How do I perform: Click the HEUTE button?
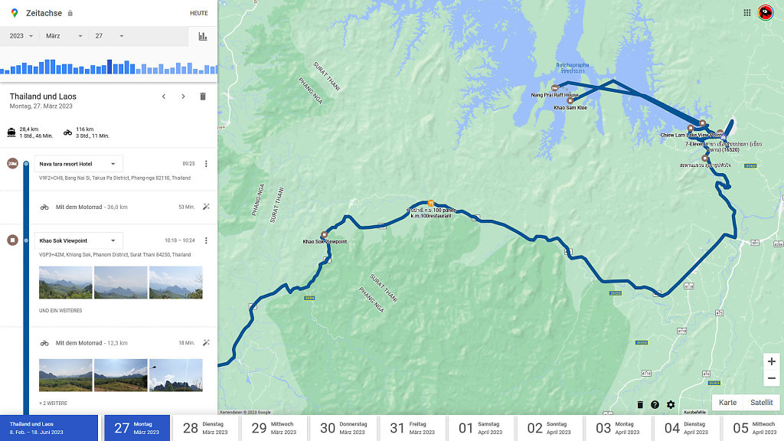(198, 13)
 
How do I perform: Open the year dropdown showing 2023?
(21, 36)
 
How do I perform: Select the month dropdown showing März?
(64, 36)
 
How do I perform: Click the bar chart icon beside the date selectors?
(203, 36)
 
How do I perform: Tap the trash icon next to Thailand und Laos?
(203, 96)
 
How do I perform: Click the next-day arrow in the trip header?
(183, 96)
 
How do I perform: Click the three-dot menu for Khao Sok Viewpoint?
(206, 240)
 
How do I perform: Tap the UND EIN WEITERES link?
(60, 311)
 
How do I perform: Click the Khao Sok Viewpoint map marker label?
(325, 241)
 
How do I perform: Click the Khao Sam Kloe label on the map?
(570, 108)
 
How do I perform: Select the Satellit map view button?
(761, 403)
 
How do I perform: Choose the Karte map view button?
(727, 403)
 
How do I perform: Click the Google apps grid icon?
(747, 12)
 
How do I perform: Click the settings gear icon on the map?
(671, 405)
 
